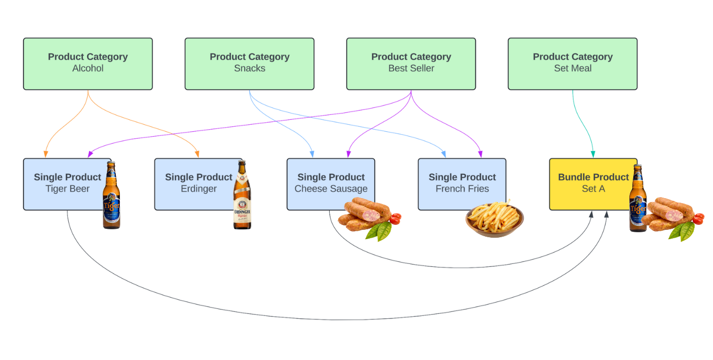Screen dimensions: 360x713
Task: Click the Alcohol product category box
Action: pyautogui.click(x=88, y=64)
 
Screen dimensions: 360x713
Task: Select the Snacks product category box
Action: pyautogui.click(x=249, y=64)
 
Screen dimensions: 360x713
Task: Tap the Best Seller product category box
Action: pyautogui.click(x=411, y=64)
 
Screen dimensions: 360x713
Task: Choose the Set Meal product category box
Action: pyautogui.click(x=572, y=64)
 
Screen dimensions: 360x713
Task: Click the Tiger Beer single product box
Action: pyautogui.click(x=62, y=184)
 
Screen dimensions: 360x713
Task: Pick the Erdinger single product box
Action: pyautogui.click(x=193, y=184)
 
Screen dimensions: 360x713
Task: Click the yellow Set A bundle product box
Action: pyautogui.click(x=589, y=184)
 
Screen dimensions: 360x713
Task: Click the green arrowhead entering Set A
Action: pyautogui.click(x=593, y=154)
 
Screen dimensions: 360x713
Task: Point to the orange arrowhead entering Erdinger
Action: pyautogui.click(x=197, y=154)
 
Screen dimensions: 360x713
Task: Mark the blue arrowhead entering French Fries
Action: pyautogui.click(x=444, y=154)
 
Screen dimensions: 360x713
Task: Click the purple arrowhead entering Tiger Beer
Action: pyautogui.click(x=91, y=154)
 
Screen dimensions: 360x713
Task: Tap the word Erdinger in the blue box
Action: pyautogui.click(x=199, y=189)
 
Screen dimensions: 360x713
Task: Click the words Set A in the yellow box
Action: pyautogui.click(x=593, y=189)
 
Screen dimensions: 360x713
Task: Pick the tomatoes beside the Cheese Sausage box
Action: pyautogui.click(x=395, y=218)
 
